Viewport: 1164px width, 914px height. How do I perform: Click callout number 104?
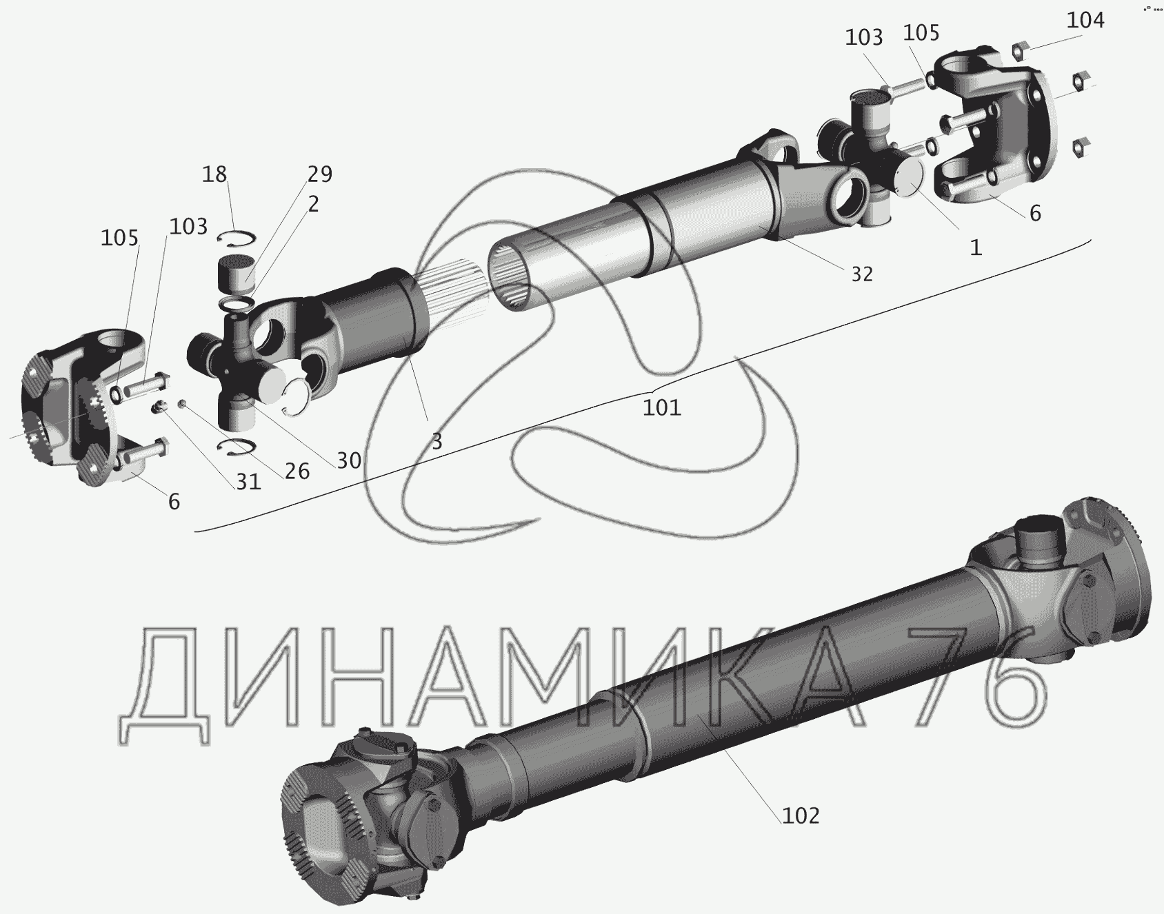pos(1085,21)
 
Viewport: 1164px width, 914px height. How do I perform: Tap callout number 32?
pos(862,274)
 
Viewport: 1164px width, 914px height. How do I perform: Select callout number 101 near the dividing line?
pos(662,407)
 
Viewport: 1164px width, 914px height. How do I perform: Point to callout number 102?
pos(801,815)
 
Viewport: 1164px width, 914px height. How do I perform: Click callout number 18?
pos(214,174)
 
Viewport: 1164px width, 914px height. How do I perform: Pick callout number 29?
pos(319,174)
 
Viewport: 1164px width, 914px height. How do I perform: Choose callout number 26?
pos(297,471)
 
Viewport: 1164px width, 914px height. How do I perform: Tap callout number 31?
pos(248,481)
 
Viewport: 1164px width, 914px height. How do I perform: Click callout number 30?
pos(349,460)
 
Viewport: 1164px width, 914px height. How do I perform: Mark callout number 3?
pos(436,441)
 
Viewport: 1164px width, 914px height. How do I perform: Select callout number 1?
pos(975,247)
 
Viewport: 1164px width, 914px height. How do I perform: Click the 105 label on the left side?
pos(120,238)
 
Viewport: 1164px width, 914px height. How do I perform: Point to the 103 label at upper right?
pos(864,37)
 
